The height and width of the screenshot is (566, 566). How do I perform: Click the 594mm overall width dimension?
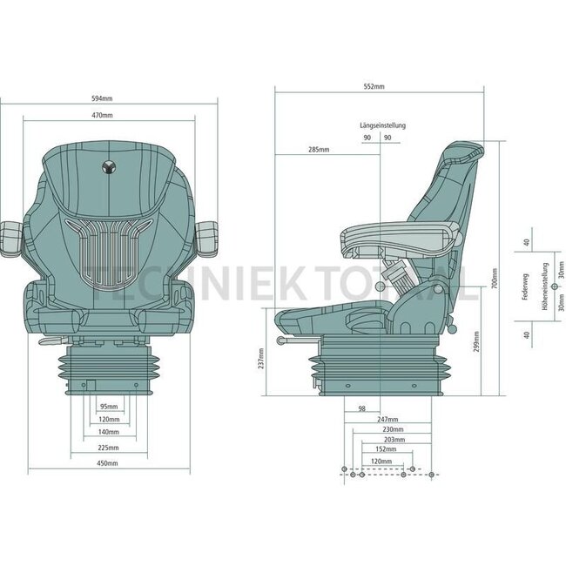104,98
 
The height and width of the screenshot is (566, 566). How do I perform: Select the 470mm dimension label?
104,115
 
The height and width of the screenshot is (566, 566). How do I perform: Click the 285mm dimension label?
318,150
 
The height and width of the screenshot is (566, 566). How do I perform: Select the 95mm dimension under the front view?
108,406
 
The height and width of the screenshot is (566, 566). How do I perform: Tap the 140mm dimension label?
108,432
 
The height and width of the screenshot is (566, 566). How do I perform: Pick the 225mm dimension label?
108,448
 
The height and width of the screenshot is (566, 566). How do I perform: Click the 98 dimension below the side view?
361,408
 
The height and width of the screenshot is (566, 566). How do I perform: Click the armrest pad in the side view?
396,232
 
